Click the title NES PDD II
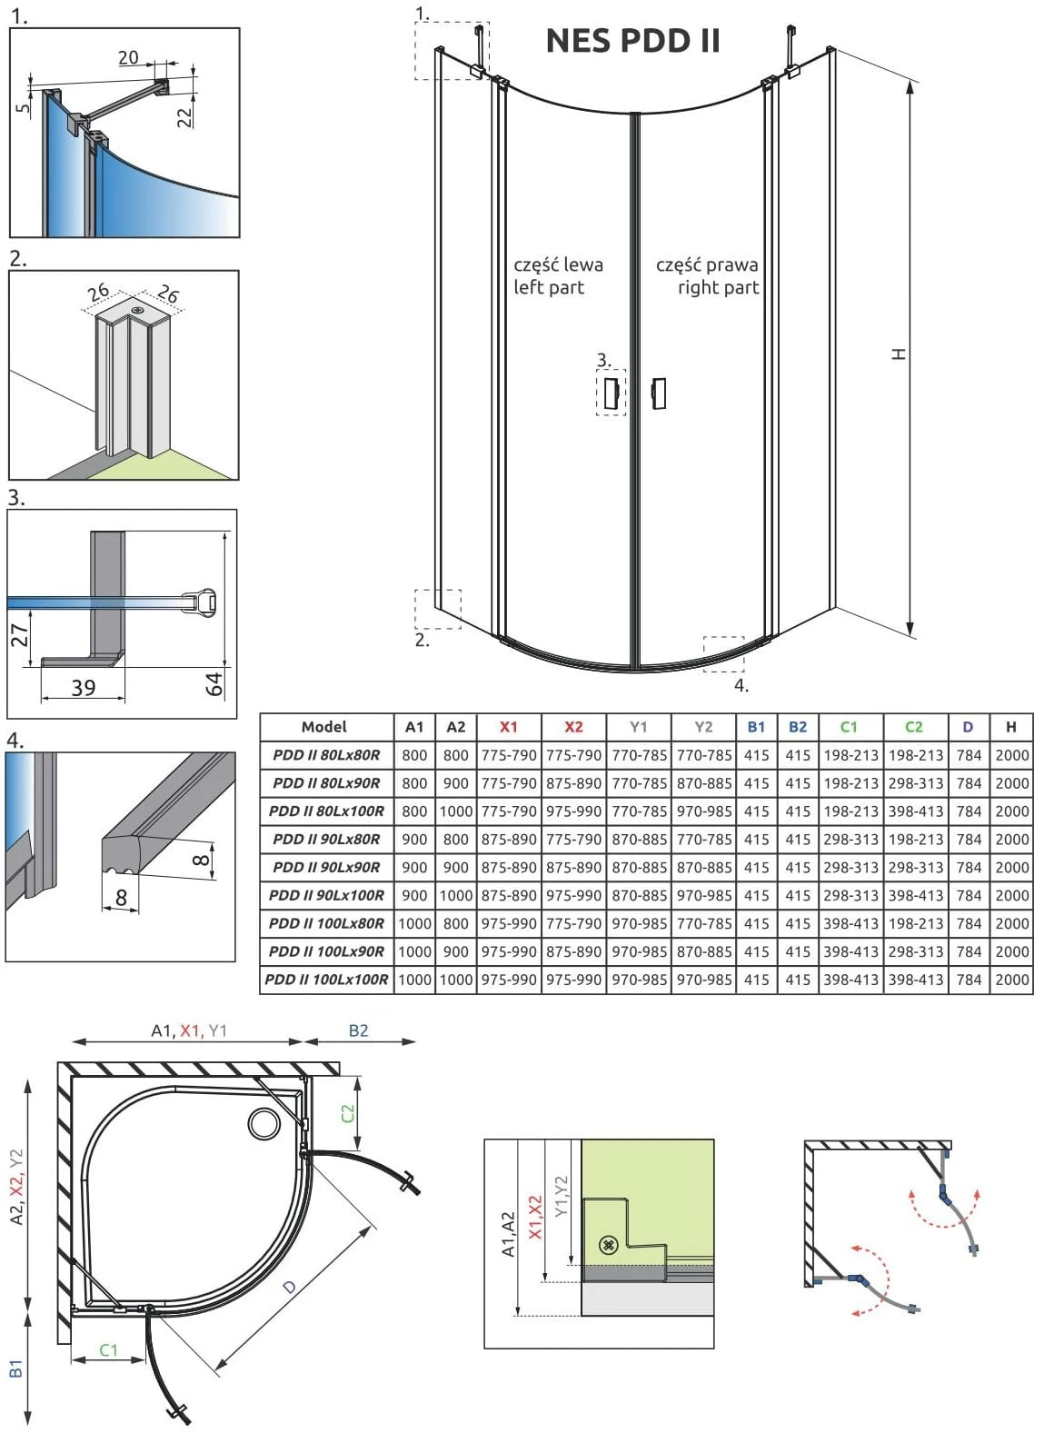(632, 41)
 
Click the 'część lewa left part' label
(558, 276)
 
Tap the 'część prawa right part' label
(707, 276)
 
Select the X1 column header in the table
(509, 727)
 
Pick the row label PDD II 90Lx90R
(326, 867)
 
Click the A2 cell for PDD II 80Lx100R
(456, 811)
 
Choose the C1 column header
(849, 727)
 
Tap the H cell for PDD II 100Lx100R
(1011, 980)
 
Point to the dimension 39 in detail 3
(83, 687)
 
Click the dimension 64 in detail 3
(214, 683)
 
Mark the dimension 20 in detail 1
(128, 58)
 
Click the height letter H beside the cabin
(899, 354)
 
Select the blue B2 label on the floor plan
(358, 1030)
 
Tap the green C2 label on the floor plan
(348, 1112)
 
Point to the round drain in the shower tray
(264, 1123)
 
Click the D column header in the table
(968, 727)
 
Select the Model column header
(324, 727)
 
